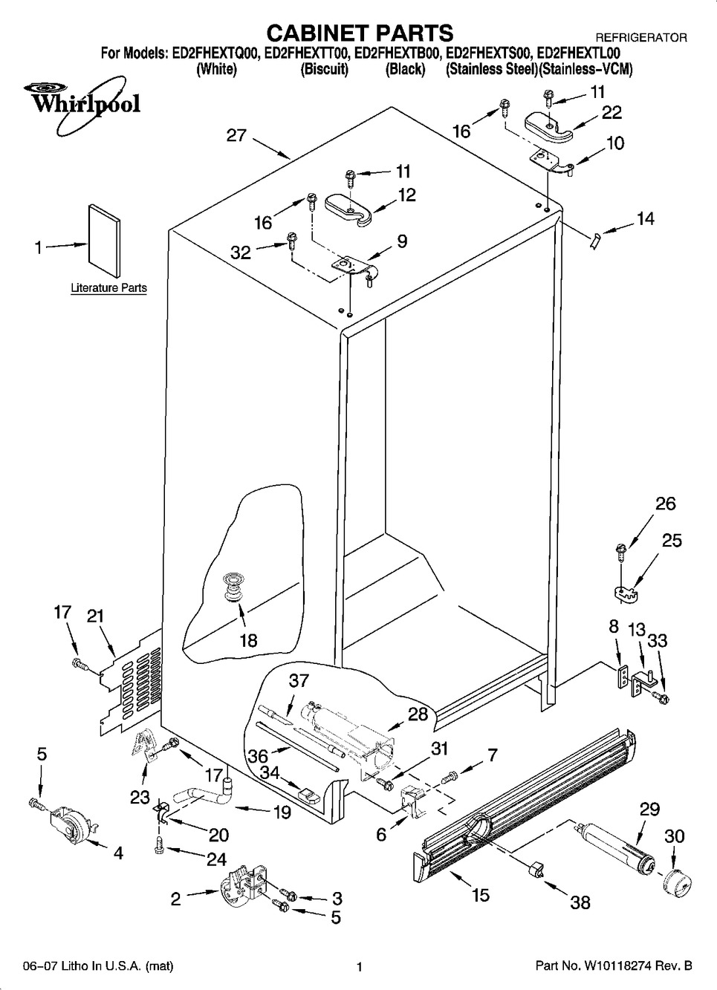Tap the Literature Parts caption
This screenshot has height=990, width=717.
108,287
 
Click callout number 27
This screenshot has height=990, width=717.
236,136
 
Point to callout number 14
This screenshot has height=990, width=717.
645,219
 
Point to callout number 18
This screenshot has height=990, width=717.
247,639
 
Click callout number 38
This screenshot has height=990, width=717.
580,902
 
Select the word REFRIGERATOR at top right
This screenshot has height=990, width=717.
642,37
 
